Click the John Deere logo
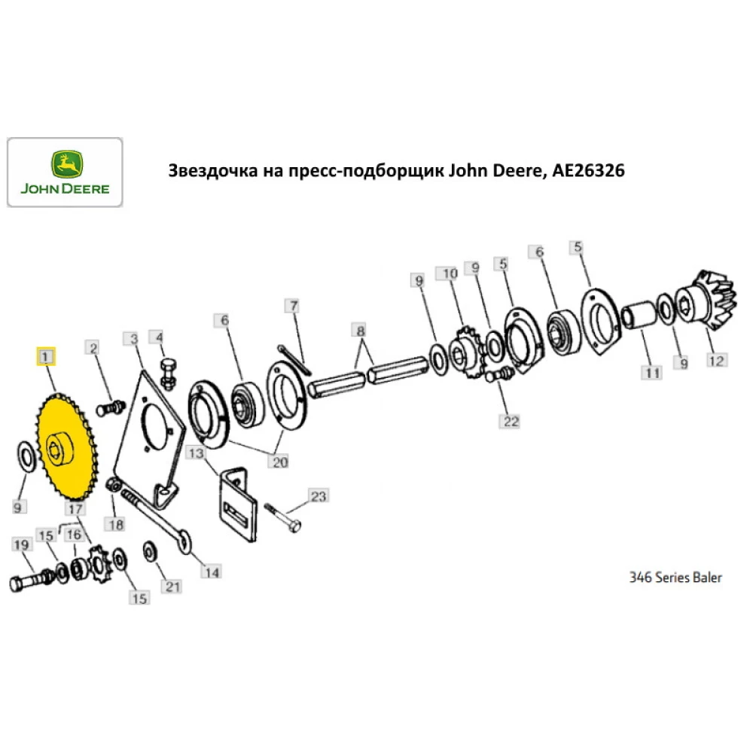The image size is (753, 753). [65, 172]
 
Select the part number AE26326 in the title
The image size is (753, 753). [588, 172]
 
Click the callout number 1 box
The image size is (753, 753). [46, 355]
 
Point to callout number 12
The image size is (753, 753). [716, 361]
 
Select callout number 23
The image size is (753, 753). [319, 496]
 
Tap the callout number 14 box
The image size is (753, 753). [212, 572]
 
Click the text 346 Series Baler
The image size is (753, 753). [675, 578]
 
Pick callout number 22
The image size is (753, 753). [511, 421]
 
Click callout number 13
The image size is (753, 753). [196, 453]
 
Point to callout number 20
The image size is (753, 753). [279, 462]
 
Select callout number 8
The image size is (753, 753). [360, 331]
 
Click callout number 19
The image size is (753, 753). [20, 544]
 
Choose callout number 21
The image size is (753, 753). [173, 586]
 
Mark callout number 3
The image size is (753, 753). [133, 340]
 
